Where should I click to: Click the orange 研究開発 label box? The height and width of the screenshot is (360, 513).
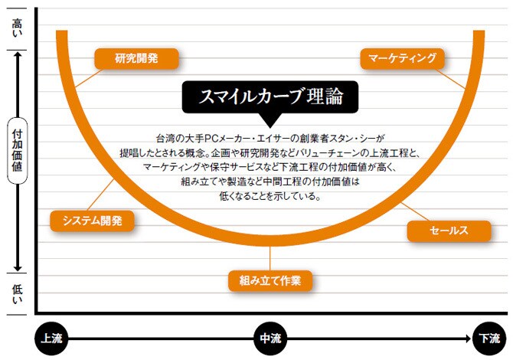pyautogui.click(x=137, y=58)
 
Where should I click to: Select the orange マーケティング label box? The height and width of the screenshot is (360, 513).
pyautogui.click(x=403, y=58)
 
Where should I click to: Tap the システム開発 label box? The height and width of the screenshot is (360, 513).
pyautogui.click(x=92, y=221)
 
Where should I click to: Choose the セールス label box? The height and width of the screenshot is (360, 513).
pyautogui.click(x=449, y=231)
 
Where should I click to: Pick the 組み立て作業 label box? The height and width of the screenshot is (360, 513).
pyautogui.click(x=270, y=281)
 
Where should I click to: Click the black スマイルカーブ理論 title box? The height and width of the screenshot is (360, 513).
pyautogui.click(x=270, y=97)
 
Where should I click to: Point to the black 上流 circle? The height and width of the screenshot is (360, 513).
pyautogui.click(x=51, y=339)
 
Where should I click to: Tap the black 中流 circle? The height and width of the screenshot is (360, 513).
pyautogui.click(x=270, y=339)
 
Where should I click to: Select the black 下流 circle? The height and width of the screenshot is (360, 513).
pyautogui.click(x=489, y=339)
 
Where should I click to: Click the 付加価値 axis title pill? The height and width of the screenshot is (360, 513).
pyautogui.click(x=18, y=151)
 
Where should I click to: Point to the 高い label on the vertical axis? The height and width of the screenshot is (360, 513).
pyautogui.click(x=18, y=28)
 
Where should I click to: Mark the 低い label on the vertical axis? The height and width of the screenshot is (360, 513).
pyautogui.click(x=18, y=294)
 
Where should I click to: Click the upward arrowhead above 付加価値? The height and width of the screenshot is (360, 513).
pyautogui.click(x=18, y=54)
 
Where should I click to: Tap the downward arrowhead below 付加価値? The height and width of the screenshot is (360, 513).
pyautogui.click(x=18, y=268)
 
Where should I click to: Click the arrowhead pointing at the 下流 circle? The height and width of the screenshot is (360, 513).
pyautogui.click(x=468, y=339)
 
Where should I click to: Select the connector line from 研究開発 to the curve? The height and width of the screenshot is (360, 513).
pyautogui.click(x=89, y=78)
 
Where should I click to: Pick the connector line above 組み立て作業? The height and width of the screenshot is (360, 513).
pyautogui.click(x=270, y=258)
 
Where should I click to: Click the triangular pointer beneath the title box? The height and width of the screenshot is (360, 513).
pyautogui.click(x=270, y=120)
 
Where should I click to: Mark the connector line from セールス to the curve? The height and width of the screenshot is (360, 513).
pyautogui.click(x=415, y=211)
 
